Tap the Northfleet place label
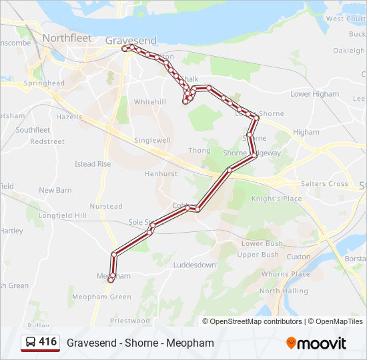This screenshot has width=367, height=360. [x=67, y=38]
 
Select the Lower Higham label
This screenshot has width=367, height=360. [x=314, y=94]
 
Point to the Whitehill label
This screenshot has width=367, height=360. [x=149, y=102]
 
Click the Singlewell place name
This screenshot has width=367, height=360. [x=152, y=141]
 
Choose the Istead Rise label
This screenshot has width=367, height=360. [x=93, y=164]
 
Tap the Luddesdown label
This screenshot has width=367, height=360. [x=194, y=265]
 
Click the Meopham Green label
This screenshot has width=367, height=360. [x=101, y=297]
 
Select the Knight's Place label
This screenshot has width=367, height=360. [x=276, y=199]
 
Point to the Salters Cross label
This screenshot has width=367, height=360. [x=324, y=184]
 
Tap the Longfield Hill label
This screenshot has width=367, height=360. [x=63, y=215]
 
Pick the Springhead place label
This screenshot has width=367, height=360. [x=44, y=83]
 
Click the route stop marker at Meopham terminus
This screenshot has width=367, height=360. [x=111, y=280]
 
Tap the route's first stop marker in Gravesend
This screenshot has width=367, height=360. [x=125, y=48]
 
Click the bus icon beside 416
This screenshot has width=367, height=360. [x=30, y=343]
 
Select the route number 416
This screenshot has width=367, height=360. [x=47, y=342]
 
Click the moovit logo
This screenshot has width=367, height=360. [x=316, y=343]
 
